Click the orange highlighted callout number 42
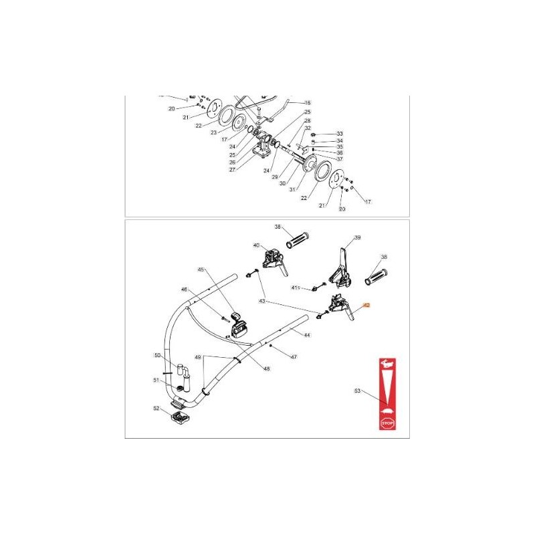pos(366,305)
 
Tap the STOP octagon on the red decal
pos(387,423)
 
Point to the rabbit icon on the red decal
pos(386,364)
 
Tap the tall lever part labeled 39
pos(343,265)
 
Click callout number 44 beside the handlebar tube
pos(306,334)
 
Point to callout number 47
pos(293,358)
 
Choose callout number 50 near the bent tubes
pos(158,355)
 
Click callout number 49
pos(197,358)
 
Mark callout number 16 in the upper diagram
pos(308,102)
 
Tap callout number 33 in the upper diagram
pos(339,134)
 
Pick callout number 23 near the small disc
pos(214,132)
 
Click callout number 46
pos(185,290)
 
